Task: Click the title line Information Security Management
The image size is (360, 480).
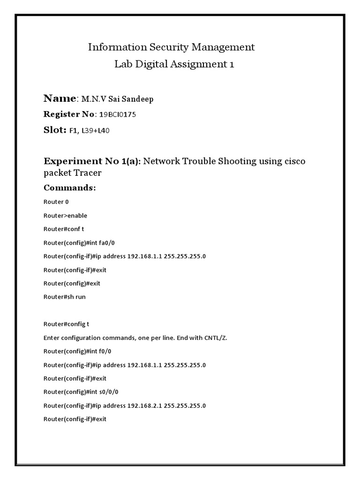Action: point(172,47)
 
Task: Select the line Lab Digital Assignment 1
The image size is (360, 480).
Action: point(174,64)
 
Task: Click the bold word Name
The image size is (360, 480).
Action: point(60,98)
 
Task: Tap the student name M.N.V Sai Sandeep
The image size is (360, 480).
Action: point(117,99)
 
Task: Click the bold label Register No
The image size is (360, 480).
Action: point(69,114)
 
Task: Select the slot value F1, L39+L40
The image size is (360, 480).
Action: point(90,131)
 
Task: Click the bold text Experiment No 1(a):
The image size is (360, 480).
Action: point(92,161)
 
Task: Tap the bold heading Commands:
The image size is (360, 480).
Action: point(69,187)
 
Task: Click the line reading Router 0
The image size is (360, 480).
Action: point(56,202)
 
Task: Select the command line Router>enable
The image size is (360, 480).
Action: point(65,216)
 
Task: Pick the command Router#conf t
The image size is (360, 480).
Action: point(64,229)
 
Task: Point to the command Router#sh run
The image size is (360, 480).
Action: point(65,297)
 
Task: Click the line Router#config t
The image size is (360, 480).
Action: point(66,324)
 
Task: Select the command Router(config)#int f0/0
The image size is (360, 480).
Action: point(77,351)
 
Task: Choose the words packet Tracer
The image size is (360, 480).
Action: point(72,173)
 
